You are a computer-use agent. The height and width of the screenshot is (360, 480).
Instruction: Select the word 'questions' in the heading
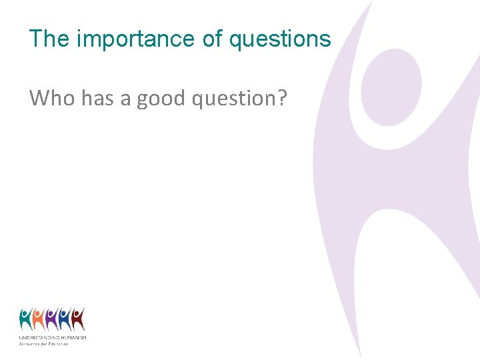point(280,39)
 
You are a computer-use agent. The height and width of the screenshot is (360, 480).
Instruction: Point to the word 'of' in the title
point(213,39)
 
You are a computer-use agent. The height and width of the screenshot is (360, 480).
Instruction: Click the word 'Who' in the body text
point(53,99)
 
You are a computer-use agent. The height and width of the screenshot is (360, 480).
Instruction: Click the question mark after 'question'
point(283,99)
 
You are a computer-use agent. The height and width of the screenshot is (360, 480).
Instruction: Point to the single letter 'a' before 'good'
point(125,100)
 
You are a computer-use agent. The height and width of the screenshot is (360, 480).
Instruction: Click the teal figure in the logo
point(25,320)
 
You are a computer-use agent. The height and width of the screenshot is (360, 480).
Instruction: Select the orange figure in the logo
point(38,320)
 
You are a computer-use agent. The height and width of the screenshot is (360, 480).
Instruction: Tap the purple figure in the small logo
point(51,320)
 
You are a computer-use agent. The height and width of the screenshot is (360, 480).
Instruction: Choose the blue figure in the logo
point(65,320)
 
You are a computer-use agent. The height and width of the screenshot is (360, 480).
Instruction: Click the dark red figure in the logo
point(78,320)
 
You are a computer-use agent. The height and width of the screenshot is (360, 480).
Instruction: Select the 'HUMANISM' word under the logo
point(74,338)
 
